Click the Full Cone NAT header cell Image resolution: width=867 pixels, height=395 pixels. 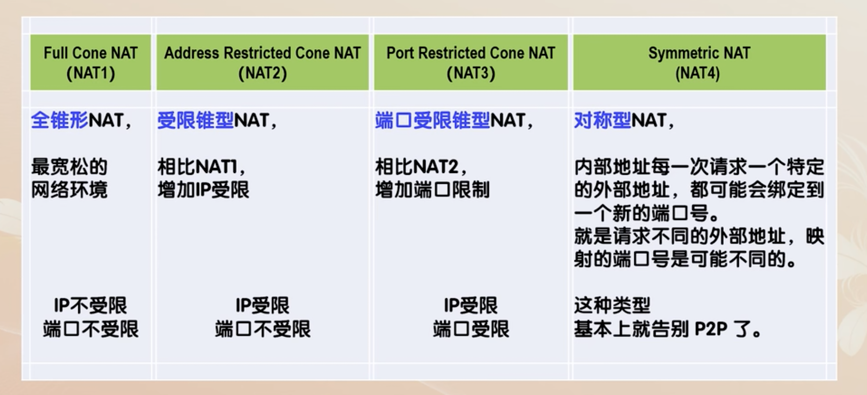point(91,62)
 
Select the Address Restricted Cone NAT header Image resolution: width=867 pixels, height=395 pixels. point(262,62)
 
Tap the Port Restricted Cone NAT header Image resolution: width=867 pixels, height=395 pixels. point(471,62)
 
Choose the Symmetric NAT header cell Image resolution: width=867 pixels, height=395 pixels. point(699,62)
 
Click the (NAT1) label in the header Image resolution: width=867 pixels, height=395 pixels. point(91,73)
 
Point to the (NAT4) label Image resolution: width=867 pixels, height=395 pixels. point(698,73)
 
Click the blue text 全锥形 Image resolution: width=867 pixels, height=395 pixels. point(60,120)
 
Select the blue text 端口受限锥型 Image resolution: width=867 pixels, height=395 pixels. point(432,120)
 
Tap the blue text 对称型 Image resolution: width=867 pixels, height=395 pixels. point(603,120)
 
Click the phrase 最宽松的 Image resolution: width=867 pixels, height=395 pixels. point(69,167)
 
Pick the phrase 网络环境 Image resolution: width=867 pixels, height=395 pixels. point(69,190)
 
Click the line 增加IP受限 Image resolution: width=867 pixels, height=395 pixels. point(204,190)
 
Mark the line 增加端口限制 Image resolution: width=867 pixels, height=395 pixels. point(432,190)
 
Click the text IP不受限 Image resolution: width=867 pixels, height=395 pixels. point(91,305)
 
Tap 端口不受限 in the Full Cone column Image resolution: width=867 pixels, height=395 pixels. point(91,329)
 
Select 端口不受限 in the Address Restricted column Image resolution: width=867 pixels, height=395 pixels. point(263,329)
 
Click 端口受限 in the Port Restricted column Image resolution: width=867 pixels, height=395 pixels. point(471,329)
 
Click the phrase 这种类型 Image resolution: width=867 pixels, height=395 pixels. point(612,305)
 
